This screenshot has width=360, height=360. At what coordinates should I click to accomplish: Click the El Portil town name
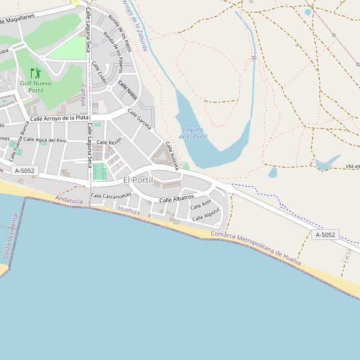[138, 181]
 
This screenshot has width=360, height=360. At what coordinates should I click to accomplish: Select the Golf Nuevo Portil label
[36, 86]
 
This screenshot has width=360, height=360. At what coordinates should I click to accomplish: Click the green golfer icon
[36, 73]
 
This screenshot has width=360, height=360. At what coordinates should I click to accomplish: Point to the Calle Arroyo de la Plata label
[59, 118]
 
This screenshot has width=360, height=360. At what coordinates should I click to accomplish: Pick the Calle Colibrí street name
[100, 73]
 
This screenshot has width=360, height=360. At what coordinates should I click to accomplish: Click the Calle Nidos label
[128, 90]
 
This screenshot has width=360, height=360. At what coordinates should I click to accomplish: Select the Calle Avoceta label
[172, 155]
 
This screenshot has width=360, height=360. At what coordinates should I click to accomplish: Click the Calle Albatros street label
[176, 197]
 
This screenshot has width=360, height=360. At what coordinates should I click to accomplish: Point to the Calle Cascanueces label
[111, 196]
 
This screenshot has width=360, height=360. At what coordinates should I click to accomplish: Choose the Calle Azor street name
[201, 204]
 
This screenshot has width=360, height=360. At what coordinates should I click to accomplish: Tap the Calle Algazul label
[206, 214]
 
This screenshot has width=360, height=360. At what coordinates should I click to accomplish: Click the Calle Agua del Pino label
[51, 140]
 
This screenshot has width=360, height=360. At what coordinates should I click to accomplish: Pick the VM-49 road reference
[352, 166]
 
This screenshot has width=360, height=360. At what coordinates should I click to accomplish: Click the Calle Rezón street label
[109, 142]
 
